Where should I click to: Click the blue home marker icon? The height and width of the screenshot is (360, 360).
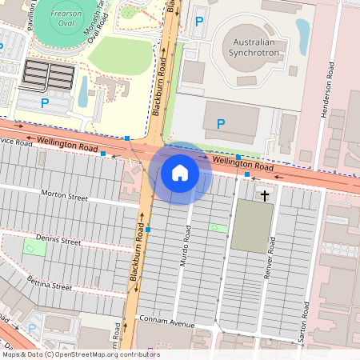pos(180,173)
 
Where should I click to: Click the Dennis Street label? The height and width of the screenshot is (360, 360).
pos(59,240)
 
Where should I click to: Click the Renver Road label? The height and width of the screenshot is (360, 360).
pos(271,257)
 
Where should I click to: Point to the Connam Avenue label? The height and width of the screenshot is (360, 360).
pos(166,324)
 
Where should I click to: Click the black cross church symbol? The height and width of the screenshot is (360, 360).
pos(265,194)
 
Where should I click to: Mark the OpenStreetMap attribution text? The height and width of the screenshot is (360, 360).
pos(80,354)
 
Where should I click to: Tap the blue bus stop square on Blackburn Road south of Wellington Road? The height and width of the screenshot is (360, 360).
pos(148,229)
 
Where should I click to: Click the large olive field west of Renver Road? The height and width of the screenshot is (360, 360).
pos(251,224)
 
